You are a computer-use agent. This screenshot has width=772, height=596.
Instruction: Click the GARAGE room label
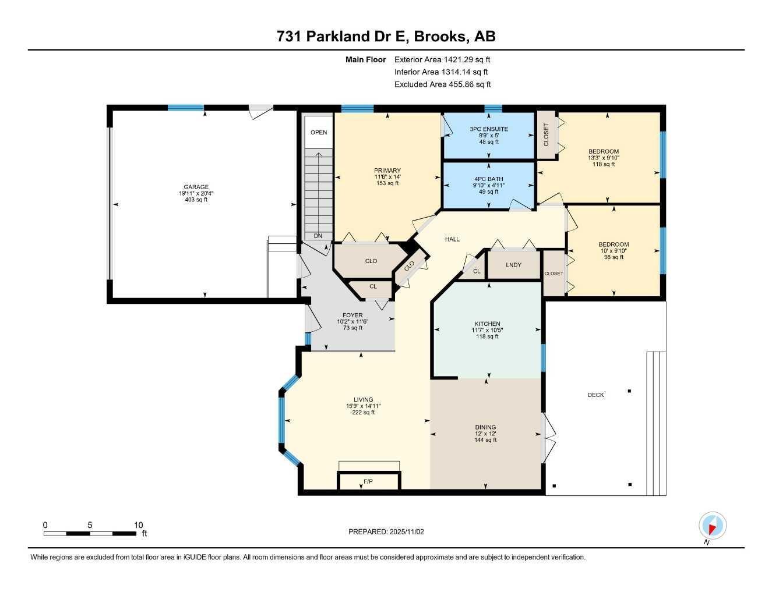tap(196, 187)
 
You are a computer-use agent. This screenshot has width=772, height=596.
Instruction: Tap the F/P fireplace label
tap(368, 481)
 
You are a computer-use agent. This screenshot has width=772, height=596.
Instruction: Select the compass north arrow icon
tap(712, 526)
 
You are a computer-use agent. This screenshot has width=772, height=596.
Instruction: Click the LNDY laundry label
tap(513, 265)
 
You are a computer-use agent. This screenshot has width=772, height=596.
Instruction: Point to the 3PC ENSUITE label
tap(489, 129)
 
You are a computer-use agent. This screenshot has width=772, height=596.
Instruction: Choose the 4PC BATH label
tap(488, 179)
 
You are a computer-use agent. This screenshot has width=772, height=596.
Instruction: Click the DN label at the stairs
tap(318, 236)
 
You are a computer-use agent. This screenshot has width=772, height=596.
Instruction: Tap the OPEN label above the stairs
tap(319, 132)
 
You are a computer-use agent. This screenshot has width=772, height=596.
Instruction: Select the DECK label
tap(595, 395)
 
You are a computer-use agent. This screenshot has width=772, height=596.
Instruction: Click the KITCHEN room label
tap(487, 324)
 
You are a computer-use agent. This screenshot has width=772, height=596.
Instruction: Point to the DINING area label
tap(485, 427)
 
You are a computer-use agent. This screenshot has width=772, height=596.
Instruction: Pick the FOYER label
tap(352, 315)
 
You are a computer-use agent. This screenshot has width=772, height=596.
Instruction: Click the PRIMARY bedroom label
tap(387, 171)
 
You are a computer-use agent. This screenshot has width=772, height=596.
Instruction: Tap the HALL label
tap(452, 239)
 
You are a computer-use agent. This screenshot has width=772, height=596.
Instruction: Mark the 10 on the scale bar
tap(138, 525)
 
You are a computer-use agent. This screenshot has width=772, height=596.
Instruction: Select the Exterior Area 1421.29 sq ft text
tap(442, 59)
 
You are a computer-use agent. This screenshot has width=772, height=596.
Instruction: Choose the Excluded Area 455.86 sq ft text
tap(442, 84)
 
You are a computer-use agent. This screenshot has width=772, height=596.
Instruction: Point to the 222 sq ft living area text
tap(362, 412)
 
